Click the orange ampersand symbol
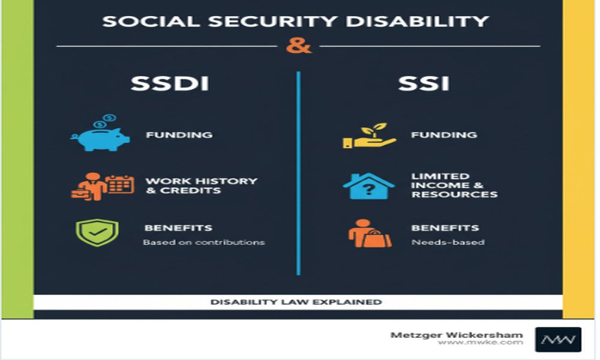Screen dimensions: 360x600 tap(298, 46)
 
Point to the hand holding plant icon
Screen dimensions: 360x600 tap(369, 136)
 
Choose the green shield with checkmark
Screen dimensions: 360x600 tap(97, 233)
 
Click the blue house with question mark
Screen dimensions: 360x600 tap(368, 186)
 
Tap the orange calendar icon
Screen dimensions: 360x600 tap(119, 184)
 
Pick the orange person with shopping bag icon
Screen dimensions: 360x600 tap(368, 233)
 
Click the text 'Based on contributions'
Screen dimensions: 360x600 tap(203, 242)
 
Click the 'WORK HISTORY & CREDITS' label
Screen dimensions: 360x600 tap(201, 185)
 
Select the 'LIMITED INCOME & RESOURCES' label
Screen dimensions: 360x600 tap(454, 185)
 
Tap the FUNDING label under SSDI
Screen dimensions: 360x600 tap(178, 135)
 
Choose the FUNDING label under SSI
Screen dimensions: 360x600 tap(444, 135)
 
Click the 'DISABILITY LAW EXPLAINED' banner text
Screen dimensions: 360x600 tap(296, 302)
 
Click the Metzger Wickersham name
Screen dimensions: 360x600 tap(457, 335)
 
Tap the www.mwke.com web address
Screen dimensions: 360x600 tap(480, 343)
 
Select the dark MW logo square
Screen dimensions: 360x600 tap(558, 339)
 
